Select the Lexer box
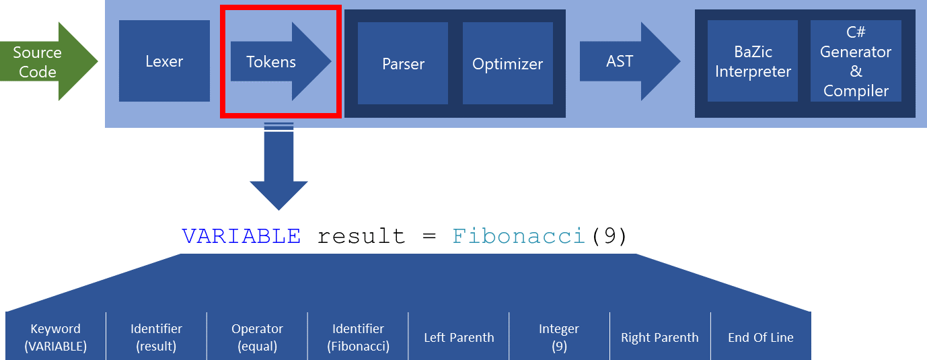[x=164, y=61]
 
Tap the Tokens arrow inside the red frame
[x=281, y=61]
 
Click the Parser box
[x=403, y=63]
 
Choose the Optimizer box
[x=507, y=63]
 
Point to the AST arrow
[x=630, y=61]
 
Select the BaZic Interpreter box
[x=752, y=61]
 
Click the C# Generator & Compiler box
[x=856, y=61]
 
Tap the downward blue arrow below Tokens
[x=279, y=166]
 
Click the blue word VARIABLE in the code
[x=242, y=236]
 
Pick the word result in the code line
[x=361, y=236]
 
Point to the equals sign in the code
[x=429, y=236]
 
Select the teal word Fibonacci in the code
[x=519, y=236]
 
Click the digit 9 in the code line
[x=609, y=236]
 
